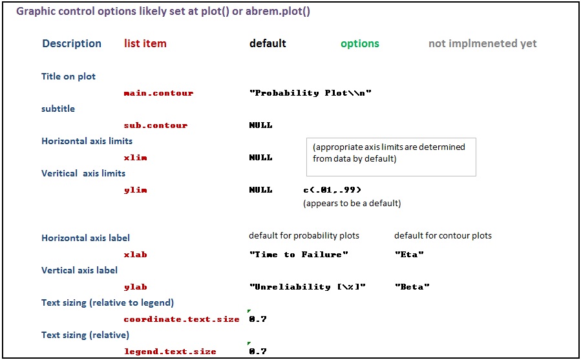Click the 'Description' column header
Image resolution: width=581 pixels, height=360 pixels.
click(x=72, y=43)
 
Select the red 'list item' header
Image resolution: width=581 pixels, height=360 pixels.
click(x=145, y=43)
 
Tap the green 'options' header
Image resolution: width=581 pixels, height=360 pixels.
click(x=360, y=44)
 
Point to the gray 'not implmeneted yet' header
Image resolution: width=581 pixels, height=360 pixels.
click(x=482, y=44)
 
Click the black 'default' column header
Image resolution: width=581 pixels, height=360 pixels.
click(x=268, y=43)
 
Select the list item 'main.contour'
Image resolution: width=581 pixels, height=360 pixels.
click(x=158, y=92)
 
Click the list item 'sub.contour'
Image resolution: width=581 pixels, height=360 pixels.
click(x=156, y=125)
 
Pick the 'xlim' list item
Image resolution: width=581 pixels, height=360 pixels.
click(x=135, y=158)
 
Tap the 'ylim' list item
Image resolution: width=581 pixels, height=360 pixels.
click(x=135, y=190)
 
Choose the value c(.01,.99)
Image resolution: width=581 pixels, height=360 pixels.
click(x=332, y=190)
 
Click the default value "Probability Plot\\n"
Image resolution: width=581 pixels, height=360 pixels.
click(x=310, y=92)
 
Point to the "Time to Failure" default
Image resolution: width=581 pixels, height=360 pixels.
click(x=299, y=255)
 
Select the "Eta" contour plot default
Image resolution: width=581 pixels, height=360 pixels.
click(x=409, y=255)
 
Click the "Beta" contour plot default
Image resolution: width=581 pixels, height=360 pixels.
click(x=412, y=286)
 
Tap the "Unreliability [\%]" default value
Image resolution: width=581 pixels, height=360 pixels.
click(x=308, y=286)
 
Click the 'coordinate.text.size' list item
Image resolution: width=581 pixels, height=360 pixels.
click(x=182, y=319)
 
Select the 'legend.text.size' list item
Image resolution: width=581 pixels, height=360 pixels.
click(x=170, y=352)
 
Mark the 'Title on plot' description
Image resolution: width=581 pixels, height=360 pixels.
click(x=68, y=76)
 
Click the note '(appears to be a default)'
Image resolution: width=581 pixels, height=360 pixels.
click(x=352, y=203)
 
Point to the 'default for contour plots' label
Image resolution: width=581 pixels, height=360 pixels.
click(x=443, y=235)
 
